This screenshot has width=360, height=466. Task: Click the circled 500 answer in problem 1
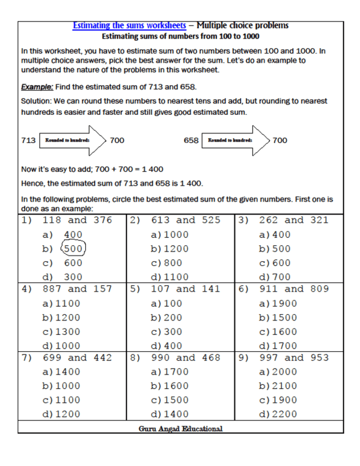coord(74,248)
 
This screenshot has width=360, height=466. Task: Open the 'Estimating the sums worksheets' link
coord(129,25)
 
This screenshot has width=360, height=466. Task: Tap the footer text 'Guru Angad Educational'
coord(180,428)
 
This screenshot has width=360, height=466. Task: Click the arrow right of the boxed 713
coord(73,140)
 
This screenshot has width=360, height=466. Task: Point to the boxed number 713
coord(28,140)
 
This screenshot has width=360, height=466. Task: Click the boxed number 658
coord(191,140)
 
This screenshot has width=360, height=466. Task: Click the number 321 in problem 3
coord(319,220)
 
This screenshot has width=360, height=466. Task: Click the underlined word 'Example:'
coord(37,87)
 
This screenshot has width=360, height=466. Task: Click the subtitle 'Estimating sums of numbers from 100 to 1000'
coord(180,36)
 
